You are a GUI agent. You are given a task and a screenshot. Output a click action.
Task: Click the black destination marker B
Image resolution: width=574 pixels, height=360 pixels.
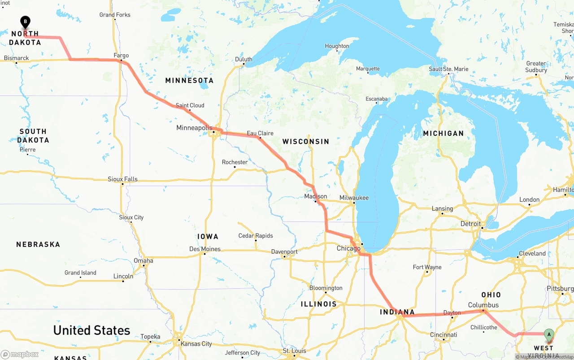point(26,22)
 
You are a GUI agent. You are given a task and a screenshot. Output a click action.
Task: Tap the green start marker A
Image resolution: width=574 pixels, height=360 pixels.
point(548,334)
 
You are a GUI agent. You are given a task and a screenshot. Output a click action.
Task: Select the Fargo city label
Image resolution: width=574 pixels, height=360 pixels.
point(121,56)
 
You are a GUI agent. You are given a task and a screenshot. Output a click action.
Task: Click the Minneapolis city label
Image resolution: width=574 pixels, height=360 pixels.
point(194,128)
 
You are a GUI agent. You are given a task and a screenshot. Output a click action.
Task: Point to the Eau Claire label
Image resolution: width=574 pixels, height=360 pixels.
point(260,133)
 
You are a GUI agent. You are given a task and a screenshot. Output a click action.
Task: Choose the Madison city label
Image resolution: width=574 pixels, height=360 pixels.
point(316,196)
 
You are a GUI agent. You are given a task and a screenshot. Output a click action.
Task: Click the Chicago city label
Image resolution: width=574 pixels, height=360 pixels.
point(348,248)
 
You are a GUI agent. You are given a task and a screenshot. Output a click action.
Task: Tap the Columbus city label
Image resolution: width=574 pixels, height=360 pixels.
point(483,305)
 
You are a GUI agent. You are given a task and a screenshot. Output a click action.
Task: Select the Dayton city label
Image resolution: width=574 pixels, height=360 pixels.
point(452,313)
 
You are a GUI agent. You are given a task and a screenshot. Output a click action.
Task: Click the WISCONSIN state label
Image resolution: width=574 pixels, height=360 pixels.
point(306,141)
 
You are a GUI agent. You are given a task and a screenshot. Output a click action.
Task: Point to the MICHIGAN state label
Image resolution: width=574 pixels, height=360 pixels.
point(443,133)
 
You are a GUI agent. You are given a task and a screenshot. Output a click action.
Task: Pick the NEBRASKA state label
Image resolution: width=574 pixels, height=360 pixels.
point(38,244)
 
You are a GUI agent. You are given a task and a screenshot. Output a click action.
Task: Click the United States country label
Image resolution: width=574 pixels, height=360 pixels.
point(91,330)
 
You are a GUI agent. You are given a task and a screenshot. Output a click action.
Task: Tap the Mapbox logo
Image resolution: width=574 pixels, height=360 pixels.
point(20,354)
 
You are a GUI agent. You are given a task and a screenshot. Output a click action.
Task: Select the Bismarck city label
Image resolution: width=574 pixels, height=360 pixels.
point(17,58)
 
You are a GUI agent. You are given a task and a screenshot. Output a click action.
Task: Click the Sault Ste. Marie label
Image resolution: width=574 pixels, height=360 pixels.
point(448,69)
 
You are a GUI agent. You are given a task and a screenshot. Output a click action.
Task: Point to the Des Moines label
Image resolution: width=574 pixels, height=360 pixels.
point(205,249)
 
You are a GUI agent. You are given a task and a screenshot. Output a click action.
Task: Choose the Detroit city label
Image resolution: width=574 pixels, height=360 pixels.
point(470,224)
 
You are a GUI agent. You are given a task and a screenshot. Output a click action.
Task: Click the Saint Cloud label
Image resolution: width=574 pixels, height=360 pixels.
point(190,105)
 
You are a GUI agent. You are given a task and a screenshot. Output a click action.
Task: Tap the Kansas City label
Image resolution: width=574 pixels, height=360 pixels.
point(196,344)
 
